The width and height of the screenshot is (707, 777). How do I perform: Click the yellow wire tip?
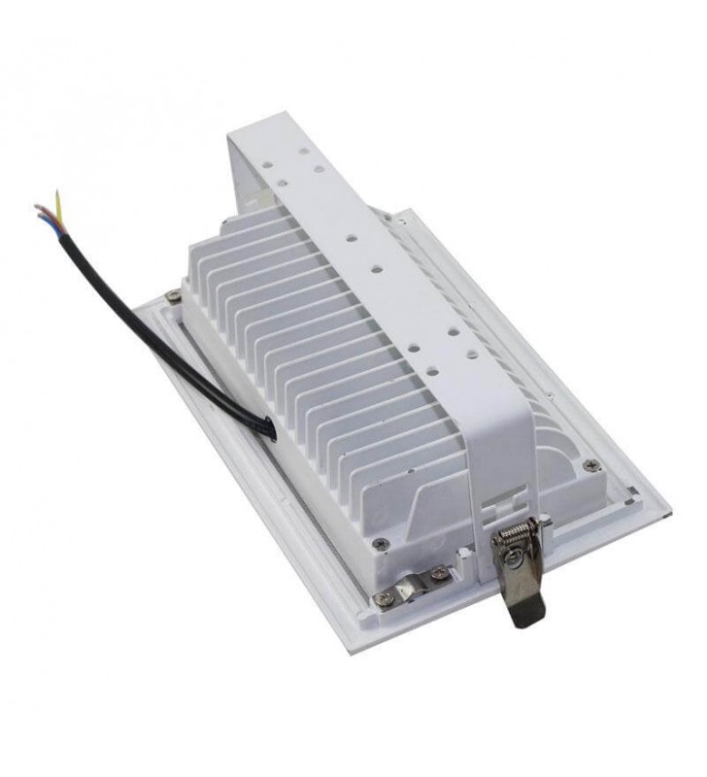click(x=59, y=194)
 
